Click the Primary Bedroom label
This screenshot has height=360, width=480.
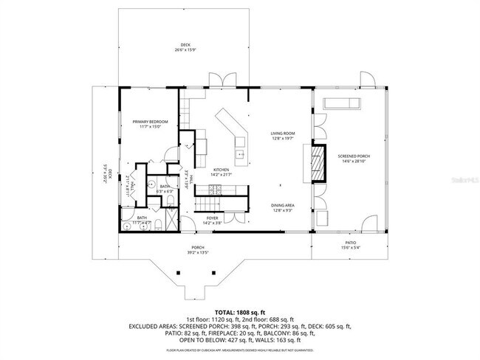pos(151,122)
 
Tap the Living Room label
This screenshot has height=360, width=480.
pos(284,133)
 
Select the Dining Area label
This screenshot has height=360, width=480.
pos(284,206)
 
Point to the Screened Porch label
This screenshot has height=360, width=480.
pos(354,156)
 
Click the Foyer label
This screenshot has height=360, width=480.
pos(213,218)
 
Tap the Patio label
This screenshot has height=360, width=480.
pos(350,243)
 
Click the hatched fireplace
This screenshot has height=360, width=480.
pos(317,162)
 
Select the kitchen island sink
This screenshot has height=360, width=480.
pos(240,155)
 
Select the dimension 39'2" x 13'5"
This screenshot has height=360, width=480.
pos(198,252)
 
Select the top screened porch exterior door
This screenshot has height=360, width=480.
pos(366,80)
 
